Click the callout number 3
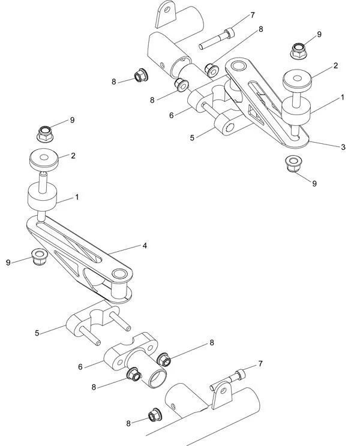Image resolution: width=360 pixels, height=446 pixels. [x=343, y=147]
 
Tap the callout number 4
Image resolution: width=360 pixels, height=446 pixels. [x=145, y=245]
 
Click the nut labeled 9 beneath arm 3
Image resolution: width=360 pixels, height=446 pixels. [x=293, y=162]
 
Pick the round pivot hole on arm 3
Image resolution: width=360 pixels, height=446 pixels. [x=238, y=67]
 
